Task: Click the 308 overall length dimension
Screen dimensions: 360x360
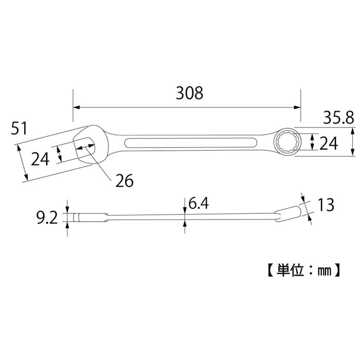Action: tap(189, 93)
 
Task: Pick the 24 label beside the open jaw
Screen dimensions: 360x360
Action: tap(40, 159)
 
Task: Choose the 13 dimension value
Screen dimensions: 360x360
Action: tap(327, 206)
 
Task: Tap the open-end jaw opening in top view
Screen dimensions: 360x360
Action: tap(85, 143)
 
